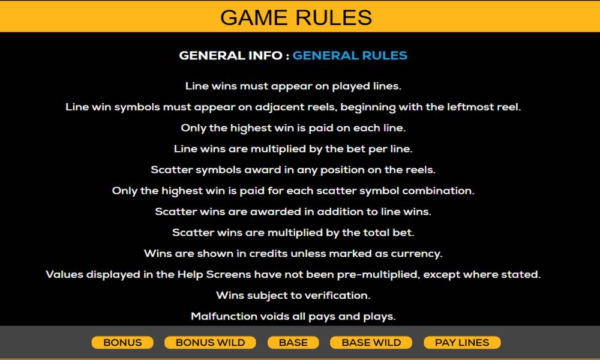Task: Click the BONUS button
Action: click(x=122, y=343)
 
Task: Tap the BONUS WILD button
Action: click(x=210, y=343)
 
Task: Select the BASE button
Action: click(x=293, y=343)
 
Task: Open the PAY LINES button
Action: click(x=462, y=343)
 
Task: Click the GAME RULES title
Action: click(x=296, y=17)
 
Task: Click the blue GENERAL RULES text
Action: click(x=350, y=55)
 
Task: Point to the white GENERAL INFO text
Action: click(x=231, y=55)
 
